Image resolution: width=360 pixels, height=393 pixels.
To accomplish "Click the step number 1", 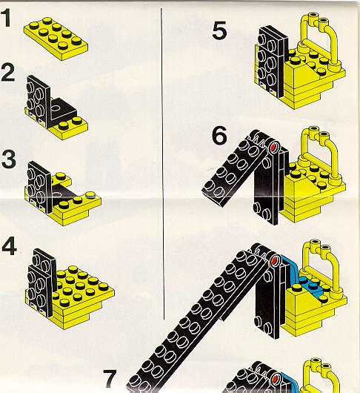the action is tap(7, 17).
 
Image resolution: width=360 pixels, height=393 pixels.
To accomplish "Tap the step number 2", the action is tap(7, 72).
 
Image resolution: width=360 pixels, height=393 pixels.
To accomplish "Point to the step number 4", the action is tap(9, 246).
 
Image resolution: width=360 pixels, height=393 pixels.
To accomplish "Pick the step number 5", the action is tap(219, 30).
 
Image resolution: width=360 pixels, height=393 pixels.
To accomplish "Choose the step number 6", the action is tap(219, 136).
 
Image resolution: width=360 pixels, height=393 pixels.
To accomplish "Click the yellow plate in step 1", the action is tap(56, 39).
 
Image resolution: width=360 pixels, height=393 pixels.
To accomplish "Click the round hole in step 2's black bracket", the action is tap(56, 108).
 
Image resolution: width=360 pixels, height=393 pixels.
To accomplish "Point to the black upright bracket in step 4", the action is tap(42, 281).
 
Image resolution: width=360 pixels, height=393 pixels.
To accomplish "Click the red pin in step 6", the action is tap(273, 147).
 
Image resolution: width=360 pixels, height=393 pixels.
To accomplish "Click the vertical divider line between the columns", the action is tap(163, 164).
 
